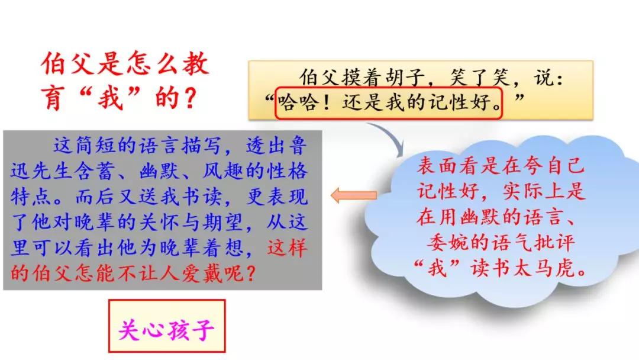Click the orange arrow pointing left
(x=354, y=196)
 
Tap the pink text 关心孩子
(x=166, y=330)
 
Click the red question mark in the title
(x=189, y=99)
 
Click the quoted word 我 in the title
(x=110, y=98)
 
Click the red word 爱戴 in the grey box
(x=201, y=273)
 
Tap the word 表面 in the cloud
(x=437, y=166)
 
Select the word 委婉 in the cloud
(x=447, y=243)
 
